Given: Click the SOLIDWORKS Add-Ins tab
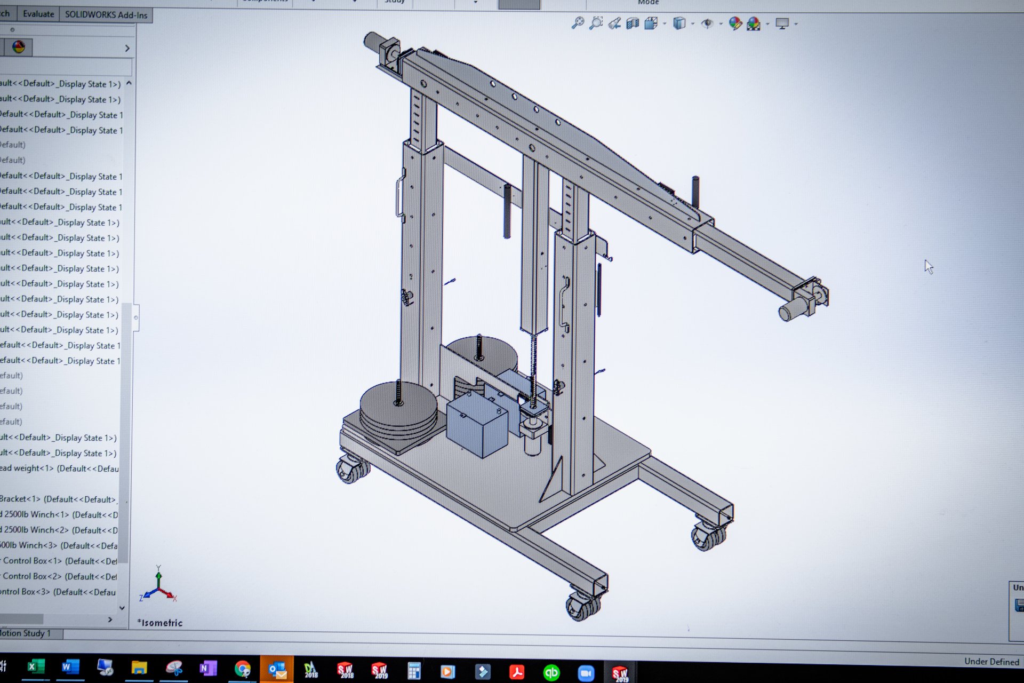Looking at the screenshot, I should (x=106, y=14).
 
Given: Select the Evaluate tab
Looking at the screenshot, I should (x=38, y=14).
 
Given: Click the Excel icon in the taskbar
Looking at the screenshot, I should (x=35, y=667).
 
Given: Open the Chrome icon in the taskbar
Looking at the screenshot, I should (x=243, y=669).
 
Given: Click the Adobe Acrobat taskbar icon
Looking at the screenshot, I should (x=516, y=671).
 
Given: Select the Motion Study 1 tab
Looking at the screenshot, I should (x=27, y=633).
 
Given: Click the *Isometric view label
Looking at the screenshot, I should (x=160, y=623).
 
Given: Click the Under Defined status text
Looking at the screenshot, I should (x=991, y=662).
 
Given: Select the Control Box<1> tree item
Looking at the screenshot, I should (x=59, y=561).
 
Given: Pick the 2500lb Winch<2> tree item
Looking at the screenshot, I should (x=59, y=530).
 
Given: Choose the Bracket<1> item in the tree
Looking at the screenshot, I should (x=58, y=499).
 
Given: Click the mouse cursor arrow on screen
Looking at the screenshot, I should (x=929, y=266).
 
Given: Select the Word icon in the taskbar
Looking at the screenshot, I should (x=69, y=667).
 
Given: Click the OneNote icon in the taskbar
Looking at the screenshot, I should (x=207, y=668).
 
